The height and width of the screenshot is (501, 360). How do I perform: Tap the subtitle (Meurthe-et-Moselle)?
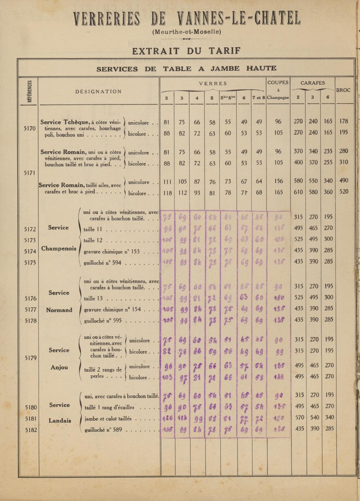pos(187,32)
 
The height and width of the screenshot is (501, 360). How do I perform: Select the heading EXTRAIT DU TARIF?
pos(186,51)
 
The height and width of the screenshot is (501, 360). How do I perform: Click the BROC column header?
pos(343,90)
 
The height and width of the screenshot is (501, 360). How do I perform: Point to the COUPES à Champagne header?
pos(278,90)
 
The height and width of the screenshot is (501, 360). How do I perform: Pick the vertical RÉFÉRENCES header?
pos(30,91)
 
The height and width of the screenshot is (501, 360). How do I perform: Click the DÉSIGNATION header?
pos(98,91)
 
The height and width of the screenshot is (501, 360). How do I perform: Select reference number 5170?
pos(30,128)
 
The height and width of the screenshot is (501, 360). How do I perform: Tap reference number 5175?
pos(30,262)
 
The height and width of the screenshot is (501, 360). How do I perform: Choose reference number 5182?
pos(30,430)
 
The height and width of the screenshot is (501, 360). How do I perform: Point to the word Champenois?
pos(59,248)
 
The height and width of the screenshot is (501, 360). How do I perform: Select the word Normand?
pos(59,310)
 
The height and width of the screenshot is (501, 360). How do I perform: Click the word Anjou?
pos(59,367)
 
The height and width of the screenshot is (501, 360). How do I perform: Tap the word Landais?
pos(60,420)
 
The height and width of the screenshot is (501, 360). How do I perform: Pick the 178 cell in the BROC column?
pos(344,121)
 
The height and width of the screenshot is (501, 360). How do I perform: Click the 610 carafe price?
pos(298,192)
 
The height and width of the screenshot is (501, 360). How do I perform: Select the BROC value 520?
pos(344,192)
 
